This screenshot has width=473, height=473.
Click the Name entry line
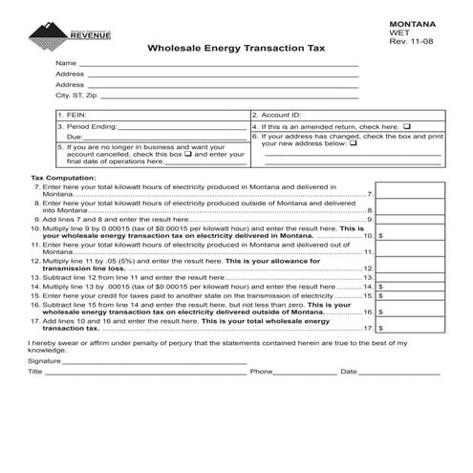[220, 63]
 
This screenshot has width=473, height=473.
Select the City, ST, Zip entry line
[229, 96]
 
